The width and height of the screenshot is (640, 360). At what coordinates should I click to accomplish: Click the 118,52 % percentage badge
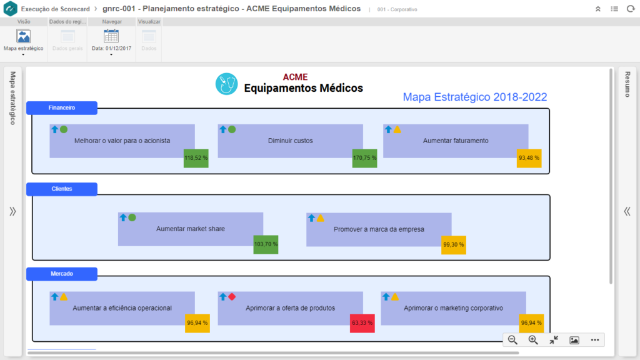(196, 158)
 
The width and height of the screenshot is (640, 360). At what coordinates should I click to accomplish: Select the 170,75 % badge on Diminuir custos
(364, 158)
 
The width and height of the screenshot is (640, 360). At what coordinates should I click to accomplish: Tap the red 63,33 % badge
(362, 323)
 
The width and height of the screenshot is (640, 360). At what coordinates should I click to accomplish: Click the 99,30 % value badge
(453, 245)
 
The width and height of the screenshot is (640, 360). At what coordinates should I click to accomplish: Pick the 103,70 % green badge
(266, 244)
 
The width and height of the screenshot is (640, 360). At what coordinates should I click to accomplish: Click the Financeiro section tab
(62, 108)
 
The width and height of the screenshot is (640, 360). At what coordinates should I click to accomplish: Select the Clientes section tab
(62, 189)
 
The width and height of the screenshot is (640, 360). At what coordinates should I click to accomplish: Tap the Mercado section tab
(62, 274)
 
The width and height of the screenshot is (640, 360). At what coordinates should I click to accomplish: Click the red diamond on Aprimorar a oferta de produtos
(232, 297)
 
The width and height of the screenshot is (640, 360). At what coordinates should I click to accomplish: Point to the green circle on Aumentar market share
(132, 217)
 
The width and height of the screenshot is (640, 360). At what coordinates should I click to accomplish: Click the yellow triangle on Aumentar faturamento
(397, 129)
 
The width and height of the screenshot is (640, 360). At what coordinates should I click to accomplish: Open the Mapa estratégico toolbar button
(24, 41)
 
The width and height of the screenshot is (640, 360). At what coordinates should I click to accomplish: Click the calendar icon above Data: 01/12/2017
(111, 36)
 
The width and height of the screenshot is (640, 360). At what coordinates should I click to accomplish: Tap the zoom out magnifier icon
(512, 340)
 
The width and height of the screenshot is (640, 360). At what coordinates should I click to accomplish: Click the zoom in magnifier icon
(533, 340)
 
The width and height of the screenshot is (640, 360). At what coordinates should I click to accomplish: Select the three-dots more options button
(594, 340)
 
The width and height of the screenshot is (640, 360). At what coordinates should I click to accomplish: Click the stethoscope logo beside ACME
(227, 84)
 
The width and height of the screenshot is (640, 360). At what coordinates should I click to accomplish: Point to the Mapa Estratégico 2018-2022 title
(475, 97)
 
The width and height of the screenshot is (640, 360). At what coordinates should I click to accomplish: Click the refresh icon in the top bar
(629, 9)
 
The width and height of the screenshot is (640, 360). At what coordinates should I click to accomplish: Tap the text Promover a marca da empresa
(379, 229)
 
